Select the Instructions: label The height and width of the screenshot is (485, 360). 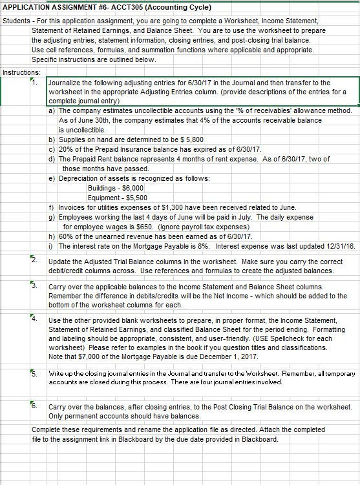pyautogui.click(x=21, y=72)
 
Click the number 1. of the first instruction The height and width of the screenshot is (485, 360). pyautogui.click(x=37, y=83)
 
